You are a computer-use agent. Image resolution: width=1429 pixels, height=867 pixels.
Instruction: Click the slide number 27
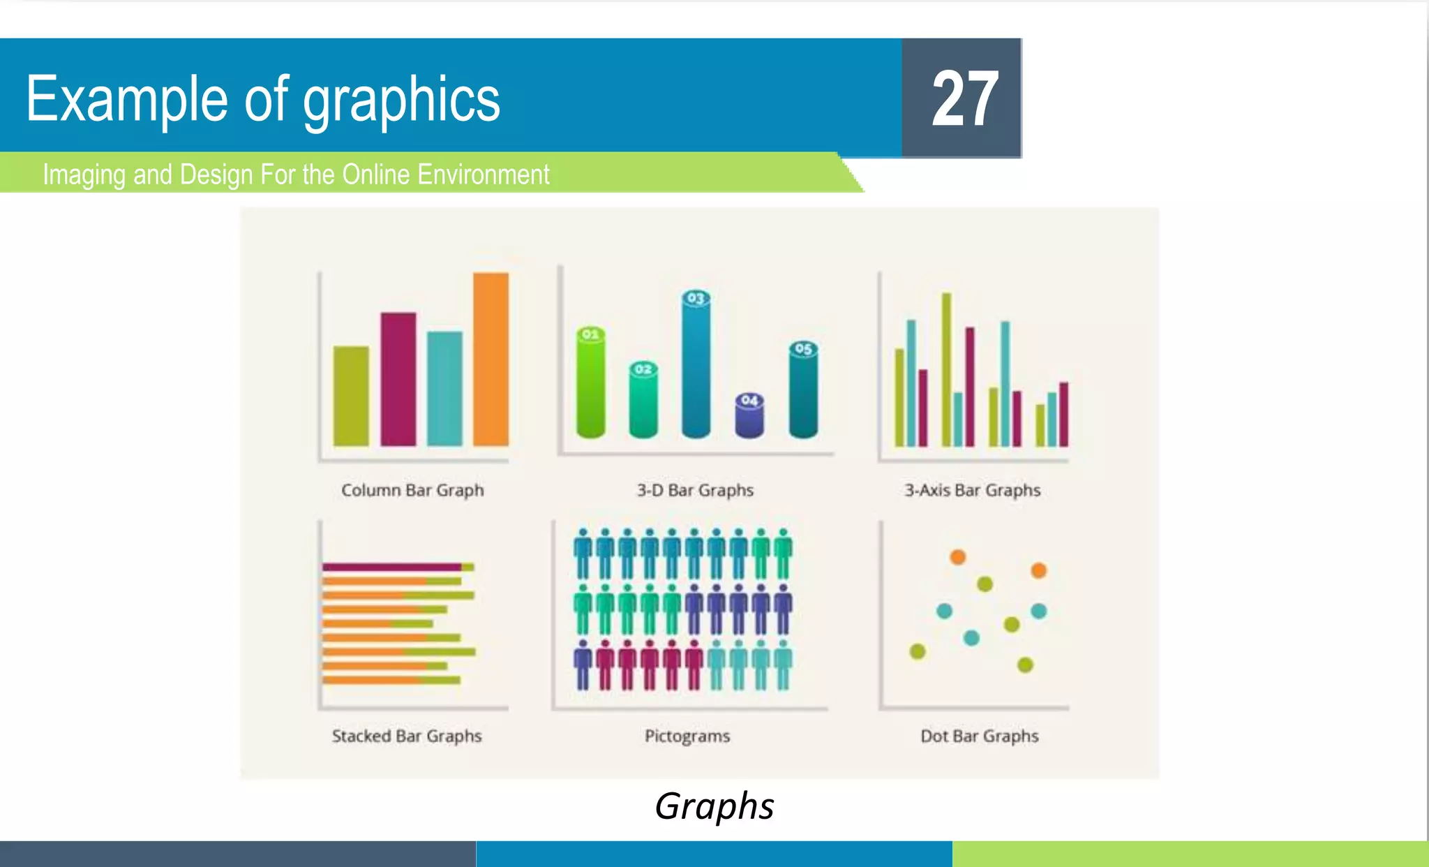click(964, 99)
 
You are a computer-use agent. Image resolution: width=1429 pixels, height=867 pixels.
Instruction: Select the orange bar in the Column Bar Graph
click(491, 359)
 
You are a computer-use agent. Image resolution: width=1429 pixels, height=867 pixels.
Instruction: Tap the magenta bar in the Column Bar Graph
click(398, 378)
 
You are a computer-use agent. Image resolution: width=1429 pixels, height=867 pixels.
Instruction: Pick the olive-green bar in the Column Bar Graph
click(351, 396)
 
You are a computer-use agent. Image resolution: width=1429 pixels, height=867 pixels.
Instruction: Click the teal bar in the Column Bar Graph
click(444, 388)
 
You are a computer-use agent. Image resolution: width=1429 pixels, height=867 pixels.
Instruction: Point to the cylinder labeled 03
click(696, 366)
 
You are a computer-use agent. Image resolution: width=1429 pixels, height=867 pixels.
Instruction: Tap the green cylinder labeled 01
click(590, 384)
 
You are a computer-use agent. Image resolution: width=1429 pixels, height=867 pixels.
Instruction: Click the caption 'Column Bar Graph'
click(412, 490)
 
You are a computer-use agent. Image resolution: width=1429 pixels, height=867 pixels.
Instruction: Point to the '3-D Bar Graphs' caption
click(695, 490)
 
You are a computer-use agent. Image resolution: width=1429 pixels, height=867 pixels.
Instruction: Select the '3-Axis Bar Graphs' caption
click(972, 490)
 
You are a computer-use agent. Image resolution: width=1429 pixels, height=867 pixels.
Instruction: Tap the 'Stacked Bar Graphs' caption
click(407, 736)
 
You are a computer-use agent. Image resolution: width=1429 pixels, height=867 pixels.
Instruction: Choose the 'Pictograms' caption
click(687, 736)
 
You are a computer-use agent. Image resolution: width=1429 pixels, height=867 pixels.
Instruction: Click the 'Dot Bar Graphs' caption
click(979, 736)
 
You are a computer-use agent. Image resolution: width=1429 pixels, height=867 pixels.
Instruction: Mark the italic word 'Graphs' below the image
click(714, 806)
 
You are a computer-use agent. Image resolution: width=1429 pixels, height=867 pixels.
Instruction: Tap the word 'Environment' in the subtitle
click(483, 174)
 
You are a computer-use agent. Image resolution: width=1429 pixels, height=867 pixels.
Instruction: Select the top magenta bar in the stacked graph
click(391, 567)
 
